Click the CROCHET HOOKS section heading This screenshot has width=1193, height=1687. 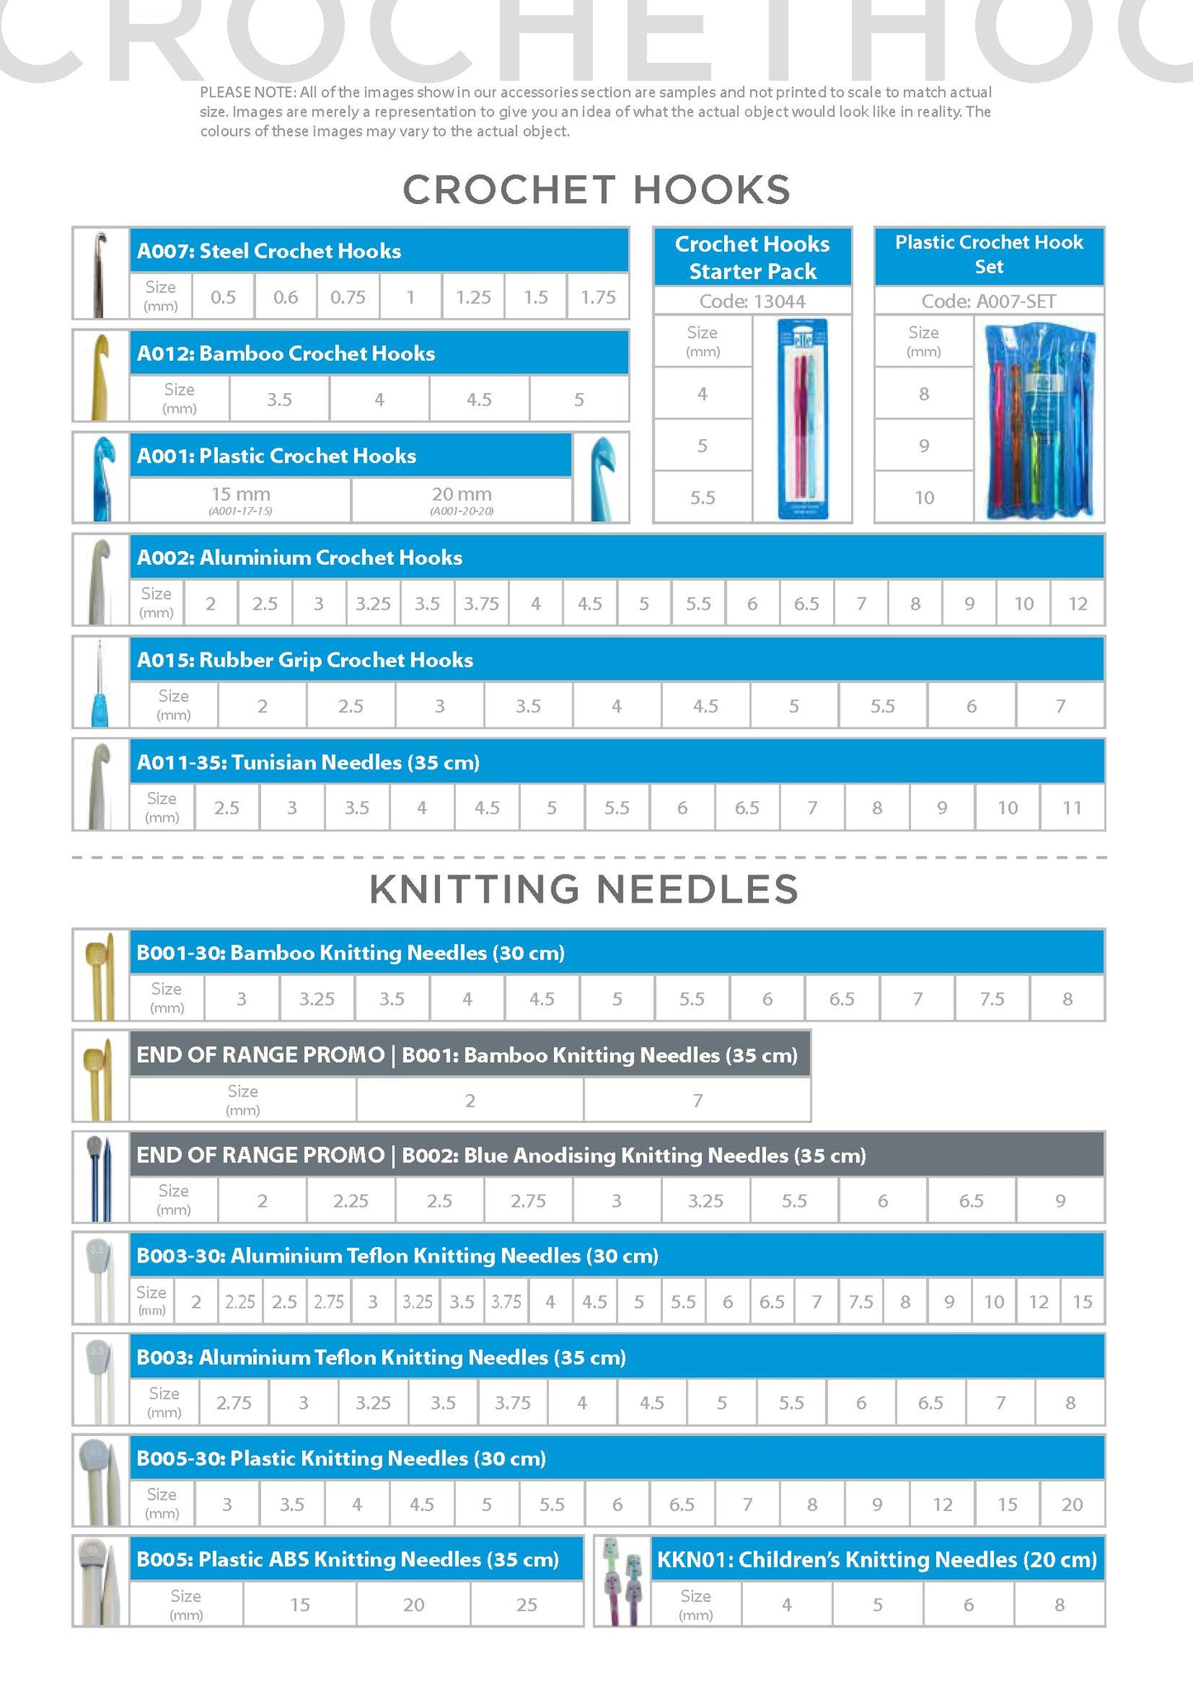click(596, 190)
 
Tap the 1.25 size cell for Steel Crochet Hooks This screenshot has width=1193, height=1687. click(473, 297)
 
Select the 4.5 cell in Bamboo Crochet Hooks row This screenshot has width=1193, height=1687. click(479, 400)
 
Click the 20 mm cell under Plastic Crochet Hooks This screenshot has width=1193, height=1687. click(462, 499)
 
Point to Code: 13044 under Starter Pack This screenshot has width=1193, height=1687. click(752, 301)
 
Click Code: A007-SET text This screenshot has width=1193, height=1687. click(988, 301)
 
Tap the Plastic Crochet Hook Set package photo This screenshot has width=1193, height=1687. click(1039, 419)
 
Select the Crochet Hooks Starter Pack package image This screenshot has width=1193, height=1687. click(802, 419)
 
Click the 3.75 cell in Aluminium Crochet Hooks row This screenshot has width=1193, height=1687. click(481, 604)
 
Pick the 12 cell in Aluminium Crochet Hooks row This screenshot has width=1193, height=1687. click(1077, 604)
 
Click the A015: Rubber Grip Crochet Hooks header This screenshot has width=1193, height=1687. click(305, 660)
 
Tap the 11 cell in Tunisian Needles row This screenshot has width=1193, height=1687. click(1072, 808)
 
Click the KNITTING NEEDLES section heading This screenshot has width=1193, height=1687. click(584, 889)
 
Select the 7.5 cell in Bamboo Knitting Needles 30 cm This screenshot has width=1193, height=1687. click(992, 999)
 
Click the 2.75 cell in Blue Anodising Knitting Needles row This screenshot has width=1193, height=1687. click(528, 1201)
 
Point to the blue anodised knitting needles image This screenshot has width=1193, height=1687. click(101, 1177)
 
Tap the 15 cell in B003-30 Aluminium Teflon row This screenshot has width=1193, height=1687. click(1082, 1302)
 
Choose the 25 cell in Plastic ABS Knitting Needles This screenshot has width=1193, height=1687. click(527, 1604)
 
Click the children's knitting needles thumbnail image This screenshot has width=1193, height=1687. click(623, 1581)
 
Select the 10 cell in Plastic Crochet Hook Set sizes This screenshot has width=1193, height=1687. click(924, 498)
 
